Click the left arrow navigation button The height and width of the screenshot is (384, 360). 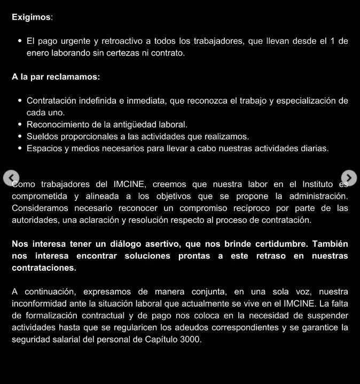coord(11,177)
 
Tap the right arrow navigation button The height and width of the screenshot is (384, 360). coord(348,177)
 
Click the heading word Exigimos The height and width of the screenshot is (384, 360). coord(32,17)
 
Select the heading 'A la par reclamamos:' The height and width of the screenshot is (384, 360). coord(56,77)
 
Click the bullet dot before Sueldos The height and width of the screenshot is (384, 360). coord(20,136)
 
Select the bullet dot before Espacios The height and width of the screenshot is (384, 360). coord(20,148)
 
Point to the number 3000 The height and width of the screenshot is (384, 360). coord(191,339)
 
